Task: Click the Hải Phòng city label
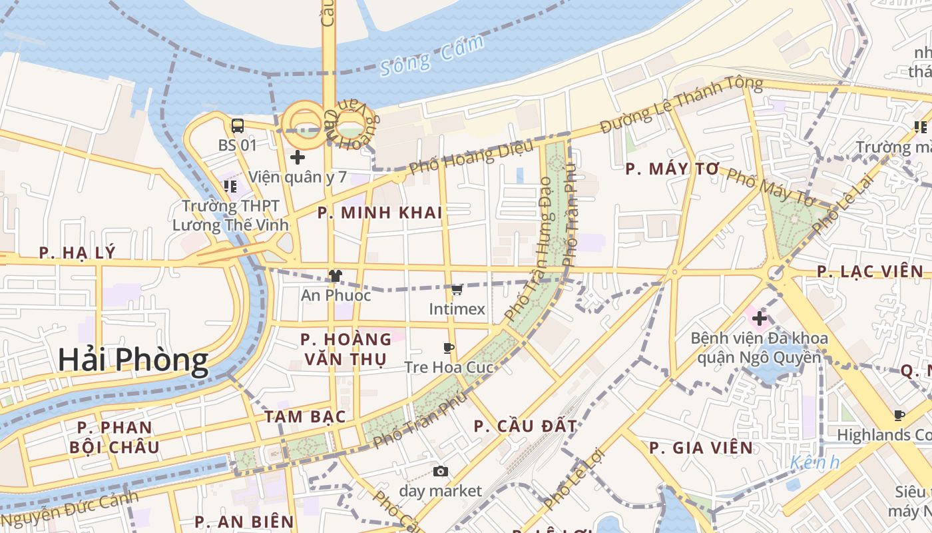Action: (132, 360)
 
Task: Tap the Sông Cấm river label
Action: (432, 57)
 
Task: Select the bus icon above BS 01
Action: (237, 125)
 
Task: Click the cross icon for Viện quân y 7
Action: (298, 158)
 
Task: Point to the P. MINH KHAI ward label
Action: (380, 213)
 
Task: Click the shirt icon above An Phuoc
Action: (335, 276)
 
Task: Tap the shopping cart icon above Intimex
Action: (457, 290)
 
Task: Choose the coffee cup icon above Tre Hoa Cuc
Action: (449, 348)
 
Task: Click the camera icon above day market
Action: (440, 472)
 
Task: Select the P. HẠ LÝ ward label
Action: (77, 253)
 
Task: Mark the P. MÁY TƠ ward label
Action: (672, 169)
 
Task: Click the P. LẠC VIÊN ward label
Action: (870, 272)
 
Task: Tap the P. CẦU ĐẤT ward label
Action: (525, 426)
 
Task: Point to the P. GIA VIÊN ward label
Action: (701, 448)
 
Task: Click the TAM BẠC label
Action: (305, 417)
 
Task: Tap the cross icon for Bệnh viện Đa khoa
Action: (759, 318)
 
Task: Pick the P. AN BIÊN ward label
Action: (244, 522)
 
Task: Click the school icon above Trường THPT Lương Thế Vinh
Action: (230, 187)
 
